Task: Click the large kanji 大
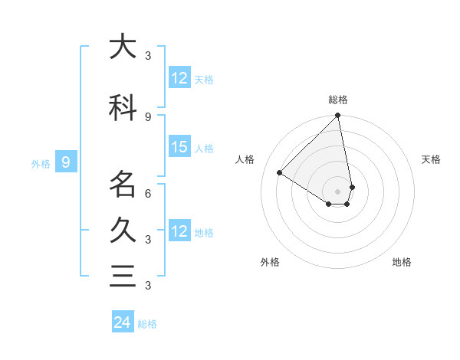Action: tap(123, 47)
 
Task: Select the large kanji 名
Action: tap(123, 185)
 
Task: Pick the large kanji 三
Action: tap(123, 276)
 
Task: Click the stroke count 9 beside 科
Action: tap(148, 116)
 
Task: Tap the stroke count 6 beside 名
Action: tap(148, 194)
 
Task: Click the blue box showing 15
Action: tap(179, 147)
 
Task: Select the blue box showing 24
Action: tap(123, 322)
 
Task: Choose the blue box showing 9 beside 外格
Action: tap(67, 162)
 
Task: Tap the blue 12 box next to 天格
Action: tap(179, 78)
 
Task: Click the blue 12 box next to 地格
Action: tap(179, 231)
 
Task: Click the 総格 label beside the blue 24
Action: tap(147, 324)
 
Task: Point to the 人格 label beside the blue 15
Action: tap(204, 148)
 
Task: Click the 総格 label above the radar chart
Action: tap(338, 100)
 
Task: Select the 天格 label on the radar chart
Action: tap(431, 159)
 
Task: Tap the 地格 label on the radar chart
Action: tap(402, 262)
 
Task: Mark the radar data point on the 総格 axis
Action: tap(338, 116)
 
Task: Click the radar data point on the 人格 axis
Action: tap(280, 172)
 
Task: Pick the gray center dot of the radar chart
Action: tap(338, 191)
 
